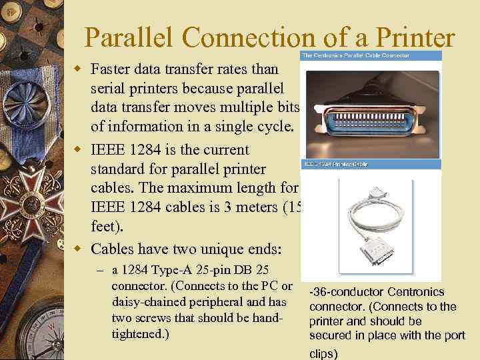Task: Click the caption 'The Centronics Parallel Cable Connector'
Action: [x=355, y=55]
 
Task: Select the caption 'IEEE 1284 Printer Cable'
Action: [x=335, y=162]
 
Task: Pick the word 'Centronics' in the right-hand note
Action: [x=409, y=292]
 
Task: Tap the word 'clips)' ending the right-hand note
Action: [x=323, y=353]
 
